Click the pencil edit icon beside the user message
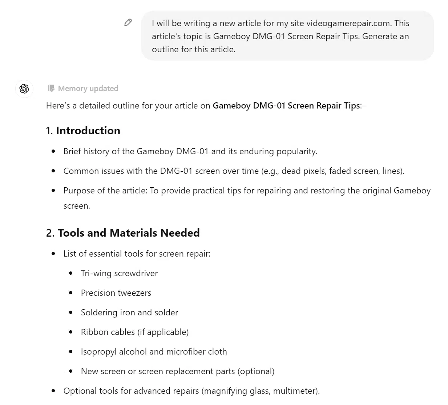click(x=128, y=22)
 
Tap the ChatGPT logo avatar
click(x=24, y=89)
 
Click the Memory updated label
click(x=88, y=89)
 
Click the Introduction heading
click(x=88, y=131)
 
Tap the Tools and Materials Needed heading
click(x=129, y=233)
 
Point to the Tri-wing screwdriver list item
click(x=119, y=273)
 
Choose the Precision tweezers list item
click(x=116, y=293)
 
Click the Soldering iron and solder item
click(x=129, y=312)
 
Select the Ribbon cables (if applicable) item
click(x=134, y=332)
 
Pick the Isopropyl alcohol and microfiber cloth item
click(x=154, y=352)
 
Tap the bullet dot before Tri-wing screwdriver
click(x=71, y=273)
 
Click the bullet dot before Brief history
click(x=53, y=151)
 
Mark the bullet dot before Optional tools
click(x=53, y=391)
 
